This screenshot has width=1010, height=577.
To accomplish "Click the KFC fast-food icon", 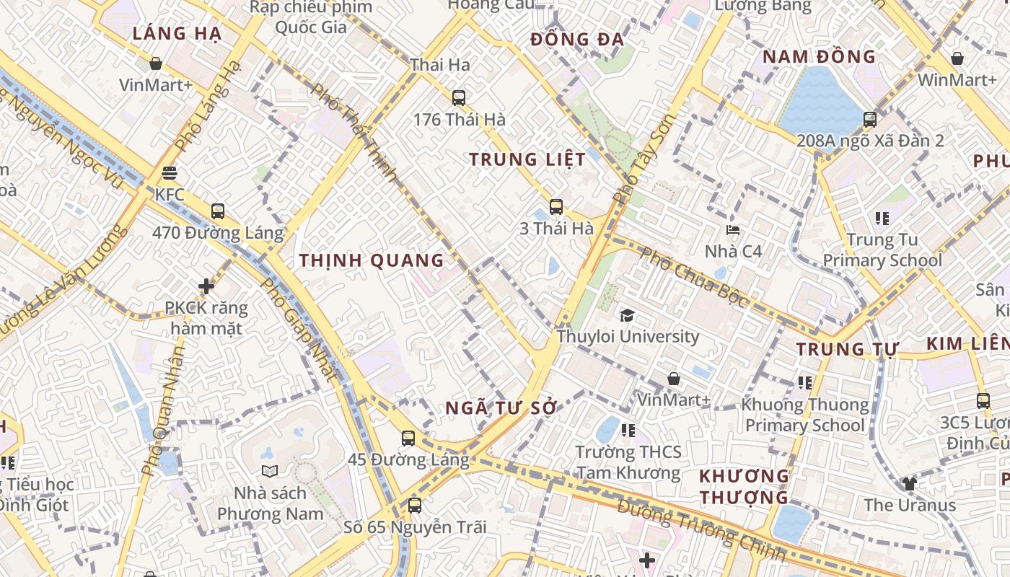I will [170, 173].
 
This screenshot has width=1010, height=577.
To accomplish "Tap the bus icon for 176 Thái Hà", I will [458, 97].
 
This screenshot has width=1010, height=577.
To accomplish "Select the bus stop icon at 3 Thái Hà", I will [555, 207].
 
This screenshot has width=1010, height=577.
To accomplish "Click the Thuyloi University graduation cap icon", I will [627, 315].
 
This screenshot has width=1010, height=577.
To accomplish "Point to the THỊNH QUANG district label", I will [372, 260].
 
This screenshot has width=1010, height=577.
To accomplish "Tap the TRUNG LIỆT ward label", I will [527, 159].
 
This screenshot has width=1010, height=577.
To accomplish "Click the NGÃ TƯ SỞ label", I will [501, 408].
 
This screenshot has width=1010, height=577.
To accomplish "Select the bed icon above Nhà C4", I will [733, 230].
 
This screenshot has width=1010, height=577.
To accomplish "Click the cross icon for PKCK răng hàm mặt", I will [206, 286].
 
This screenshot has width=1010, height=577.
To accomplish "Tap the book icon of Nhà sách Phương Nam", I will [270, 471].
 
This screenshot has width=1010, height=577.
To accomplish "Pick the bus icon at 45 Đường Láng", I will [408, 438].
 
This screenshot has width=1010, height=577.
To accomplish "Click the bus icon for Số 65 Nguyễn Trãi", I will [414, 505].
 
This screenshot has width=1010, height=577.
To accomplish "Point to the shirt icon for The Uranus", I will [908, 483].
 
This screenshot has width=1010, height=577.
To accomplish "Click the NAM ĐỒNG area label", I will [819, 56].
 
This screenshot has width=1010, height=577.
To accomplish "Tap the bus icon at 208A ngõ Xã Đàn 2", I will [870, 119].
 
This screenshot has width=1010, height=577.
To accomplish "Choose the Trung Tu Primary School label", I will [882, 250].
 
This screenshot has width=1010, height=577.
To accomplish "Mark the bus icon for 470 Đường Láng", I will [217, 211].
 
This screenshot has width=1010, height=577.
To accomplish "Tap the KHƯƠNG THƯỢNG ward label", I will [744, 486].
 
